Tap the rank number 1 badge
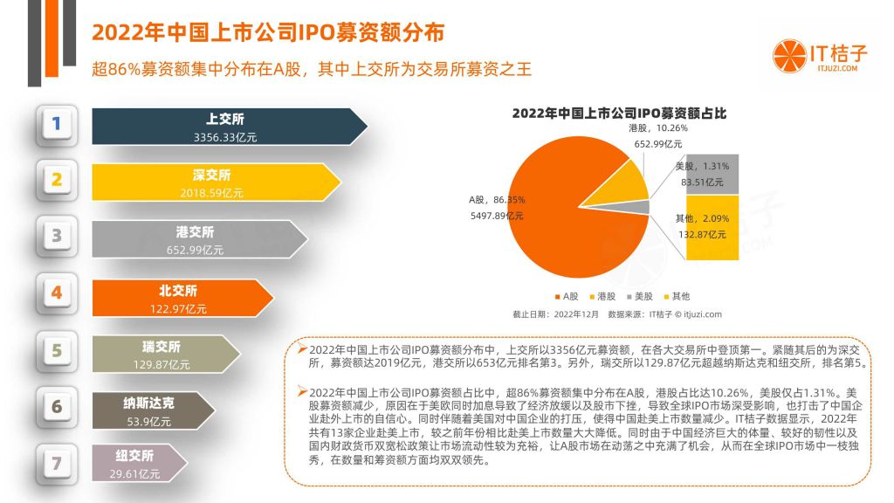(57, 125)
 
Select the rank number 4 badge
(57, 293)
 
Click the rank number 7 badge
(57, 463)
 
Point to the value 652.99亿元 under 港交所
(195, 250)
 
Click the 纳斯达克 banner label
(148, 403)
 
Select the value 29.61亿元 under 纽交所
(134, 473)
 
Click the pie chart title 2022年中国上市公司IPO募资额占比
(619, 113)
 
